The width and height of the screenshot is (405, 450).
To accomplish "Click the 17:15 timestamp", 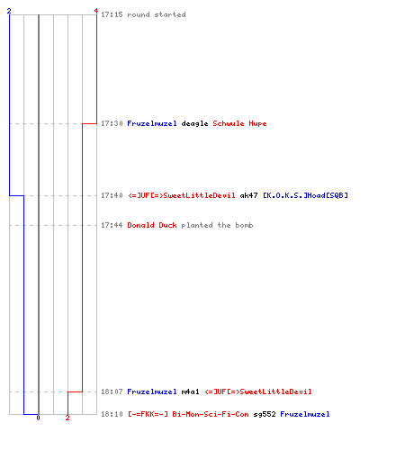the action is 112,14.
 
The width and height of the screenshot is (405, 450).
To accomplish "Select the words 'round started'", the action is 157,14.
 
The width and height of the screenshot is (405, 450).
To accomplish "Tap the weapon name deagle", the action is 194,123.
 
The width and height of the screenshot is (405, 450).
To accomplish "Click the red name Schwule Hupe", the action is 239,123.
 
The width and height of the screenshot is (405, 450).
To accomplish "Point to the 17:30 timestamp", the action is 112,123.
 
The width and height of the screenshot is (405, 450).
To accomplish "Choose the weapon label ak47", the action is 248,195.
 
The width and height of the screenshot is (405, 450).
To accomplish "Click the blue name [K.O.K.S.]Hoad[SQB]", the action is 305,195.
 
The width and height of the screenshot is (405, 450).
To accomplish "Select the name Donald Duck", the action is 152,225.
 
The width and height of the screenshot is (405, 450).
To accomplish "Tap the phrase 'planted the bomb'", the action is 217,225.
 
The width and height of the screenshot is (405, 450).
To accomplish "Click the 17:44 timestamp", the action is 112,225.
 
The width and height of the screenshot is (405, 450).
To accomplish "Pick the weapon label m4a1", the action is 190,391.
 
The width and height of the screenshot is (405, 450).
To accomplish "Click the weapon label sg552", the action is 265,414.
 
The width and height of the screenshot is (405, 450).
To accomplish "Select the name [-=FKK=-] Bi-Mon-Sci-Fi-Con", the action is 188,414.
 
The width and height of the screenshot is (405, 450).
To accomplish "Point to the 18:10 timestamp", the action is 112,414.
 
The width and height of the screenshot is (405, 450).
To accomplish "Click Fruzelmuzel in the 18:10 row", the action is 305,414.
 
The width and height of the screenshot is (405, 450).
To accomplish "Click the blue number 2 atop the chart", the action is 9,11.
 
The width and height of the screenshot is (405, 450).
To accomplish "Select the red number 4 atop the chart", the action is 96,11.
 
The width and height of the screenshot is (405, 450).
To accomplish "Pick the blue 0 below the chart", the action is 38,418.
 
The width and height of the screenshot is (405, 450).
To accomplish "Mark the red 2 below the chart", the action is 67,418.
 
